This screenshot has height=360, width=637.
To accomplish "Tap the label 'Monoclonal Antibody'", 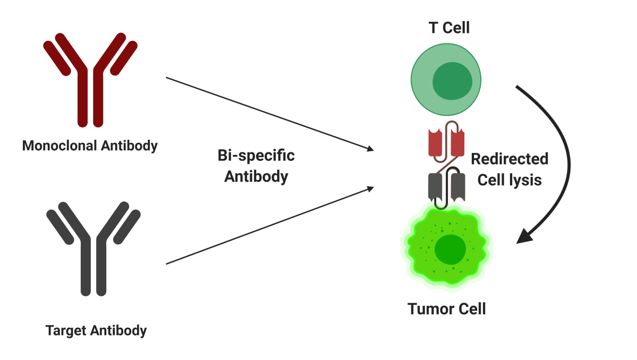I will (90, 145).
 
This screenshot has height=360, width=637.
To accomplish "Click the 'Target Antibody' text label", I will (96, 330).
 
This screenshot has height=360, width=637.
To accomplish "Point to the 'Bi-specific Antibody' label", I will (256, 166).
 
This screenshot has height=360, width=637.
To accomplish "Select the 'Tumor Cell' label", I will (446, 308).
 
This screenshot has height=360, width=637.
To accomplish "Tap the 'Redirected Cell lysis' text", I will (509, 169).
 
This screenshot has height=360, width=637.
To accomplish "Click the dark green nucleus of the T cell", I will (452, 82).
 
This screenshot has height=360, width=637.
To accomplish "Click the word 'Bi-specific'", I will (256, 156).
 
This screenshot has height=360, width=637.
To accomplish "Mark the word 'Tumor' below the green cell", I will (427, 308).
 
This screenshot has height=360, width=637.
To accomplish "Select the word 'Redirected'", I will (509, 159).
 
